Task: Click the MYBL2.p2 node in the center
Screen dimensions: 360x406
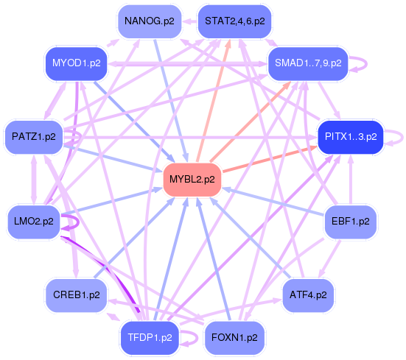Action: [x=192, y=179]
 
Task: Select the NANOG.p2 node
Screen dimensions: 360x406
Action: [x=149, y=21]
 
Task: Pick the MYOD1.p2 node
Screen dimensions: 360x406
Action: [x=76, y=63]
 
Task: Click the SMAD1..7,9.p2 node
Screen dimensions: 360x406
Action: [x=308, y=63]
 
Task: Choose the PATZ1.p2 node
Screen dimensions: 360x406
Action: [x=34, y=137]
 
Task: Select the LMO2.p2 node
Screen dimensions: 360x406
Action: [x=34, y=220]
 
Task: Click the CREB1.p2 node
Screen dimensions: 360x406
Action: [x=76, y=294]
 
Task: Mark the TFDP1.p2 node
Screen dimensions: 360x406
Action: [x=150, y=337]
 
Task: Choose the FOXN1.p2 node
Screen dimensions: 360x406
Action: [x=234, y=337]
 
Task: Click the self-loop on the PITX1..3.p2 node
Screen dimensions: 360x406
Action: [x=398, y=136]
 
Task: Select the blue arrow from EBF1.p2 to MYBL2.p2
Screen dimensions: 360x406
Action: [x=273, y=200]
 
